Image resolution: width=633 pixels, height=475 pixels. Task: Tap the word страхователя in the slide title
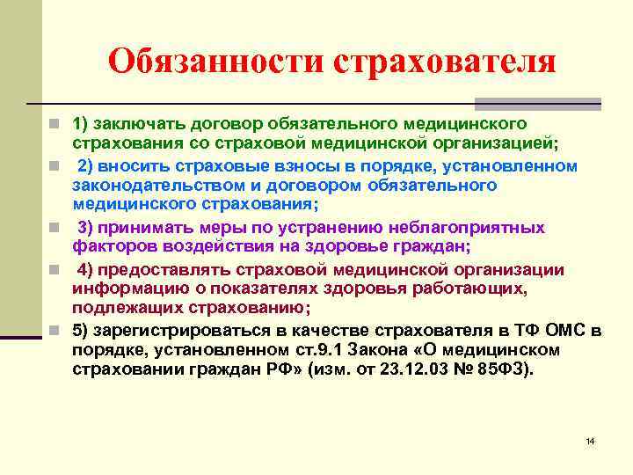[x=445, y=62]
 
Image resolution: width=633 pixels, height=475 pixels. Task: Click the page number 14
[x=590, y=440]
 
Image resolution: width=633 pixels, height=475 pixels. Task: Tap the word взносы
[x=299, y=165]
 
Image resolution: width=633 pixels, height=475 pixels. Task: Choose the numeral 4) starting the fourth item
[x=87, y=269]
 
